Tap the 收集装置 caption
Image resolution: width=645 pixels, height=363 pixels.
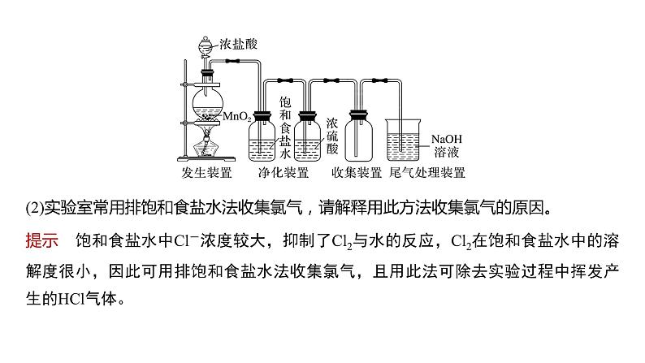pos(357,173)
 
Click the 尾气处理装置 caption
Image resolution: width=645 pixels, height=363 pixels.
pos(428,173)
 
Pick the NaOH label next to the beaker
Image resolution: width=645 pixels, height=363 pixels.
pos(448,138)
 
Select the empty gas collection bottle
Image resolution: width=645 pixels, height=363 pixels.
pos(358,135)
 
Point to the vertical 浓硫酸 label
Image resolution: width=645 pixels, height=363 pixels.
pos(331,134)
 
